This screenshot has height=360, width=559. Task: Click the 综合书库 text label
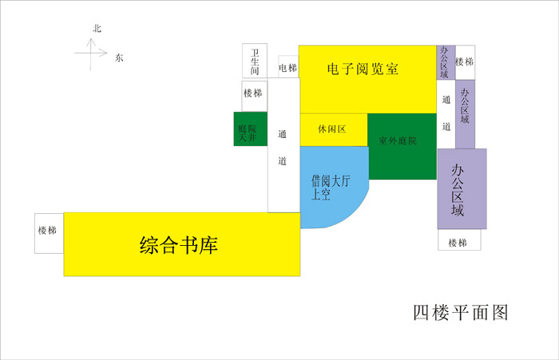[x=179, y=245]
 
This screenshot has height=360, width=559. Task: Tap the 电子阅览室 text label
[x=363, y=69]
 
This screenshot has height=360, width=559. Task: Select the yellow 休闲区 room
[x=334, y=130]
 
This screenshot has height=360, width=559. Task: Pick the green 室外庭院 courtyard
[x=402, y=146]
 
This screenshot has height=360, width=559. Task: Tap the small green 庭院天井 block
[x=251, y=129]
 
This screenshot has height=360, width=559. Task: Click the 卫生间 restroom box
[x=255, y=61]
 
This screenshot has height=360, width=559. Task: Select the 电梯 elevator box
[x=288, y=67]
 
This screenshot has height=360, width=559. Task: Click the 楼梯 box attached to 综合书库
[x=49, y=233]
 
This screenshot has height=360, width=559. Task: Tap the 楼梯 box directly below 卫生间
[x=255, y=96]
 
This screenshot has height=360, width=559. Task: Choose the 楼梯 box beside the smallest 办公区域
[x=466, y=62]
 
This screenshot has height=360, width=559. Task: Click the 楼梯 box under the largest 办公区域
[x=459, y=239]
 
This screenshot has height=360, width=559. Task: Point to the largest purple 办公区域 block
[x=462, y=189]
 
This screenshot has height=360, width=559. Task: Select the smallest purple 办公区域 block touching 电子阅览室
[x=446, y=62]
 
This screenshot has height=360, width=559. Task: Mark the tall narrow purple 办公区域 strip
[x=466, y=114]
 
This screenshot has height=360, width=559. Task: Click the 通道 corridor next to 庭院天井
[x=283, y=145]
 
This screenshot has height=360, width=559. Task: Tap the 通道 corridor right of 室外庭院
[x=446, y=114]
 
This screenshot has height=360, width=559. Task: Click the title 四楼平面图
[x=461, y=313]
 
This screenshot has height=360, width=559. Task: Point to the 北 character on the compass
[x=97, y=29]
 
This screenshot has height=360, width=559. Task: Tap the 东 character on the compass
[x=119, y=57]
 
